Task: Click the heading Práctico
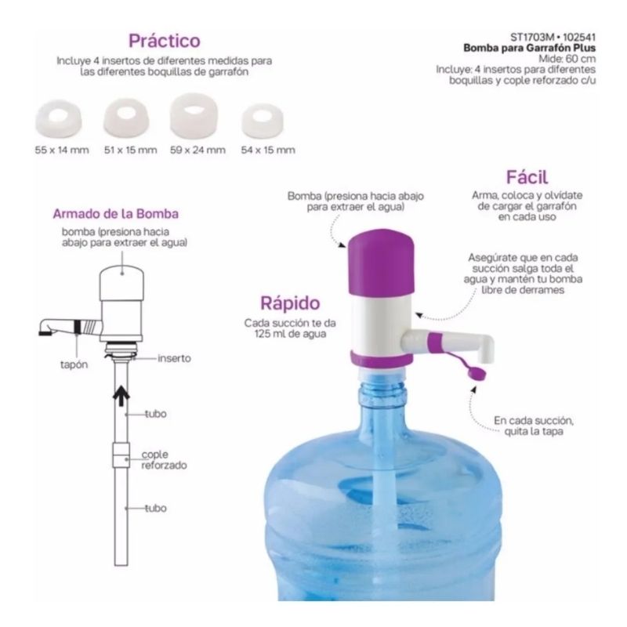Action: pyautogui.click(x=165, y=40)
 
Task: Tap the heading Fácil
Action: pyautogui.click(x=526, y=176)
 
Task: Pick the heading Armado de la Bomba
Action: pyautogui.click(x=116, y=213)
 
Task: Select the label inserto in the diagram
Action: pyautogui.click(x=174, y=357)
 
